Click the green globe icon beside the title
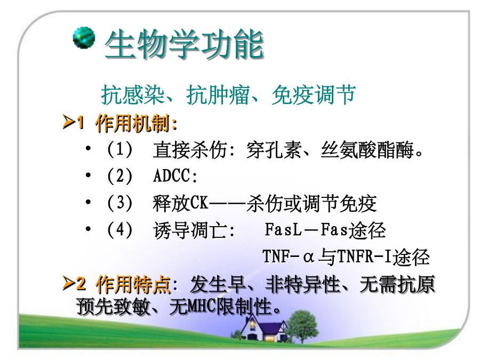coord(84,37)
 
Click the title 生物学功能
coord(185,44)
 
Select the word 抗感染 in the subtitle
coord(133,94)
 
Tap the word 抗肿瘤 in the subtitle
coord(218,94)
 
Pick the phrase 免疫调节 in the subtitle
coord(314,94)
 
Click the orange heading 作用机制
coord(133,124)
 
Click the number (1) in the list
coord(119,150)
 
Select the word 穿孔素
coord(274,150)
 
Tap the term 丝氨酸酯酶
coord(367,150)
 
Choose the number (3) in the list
coord(119,203)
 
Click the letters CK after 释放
coord(199,203)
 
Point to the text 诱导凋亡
coord(190,230)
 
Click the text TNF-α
coord(288,256)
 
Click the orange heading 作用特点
coord(133,285)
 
